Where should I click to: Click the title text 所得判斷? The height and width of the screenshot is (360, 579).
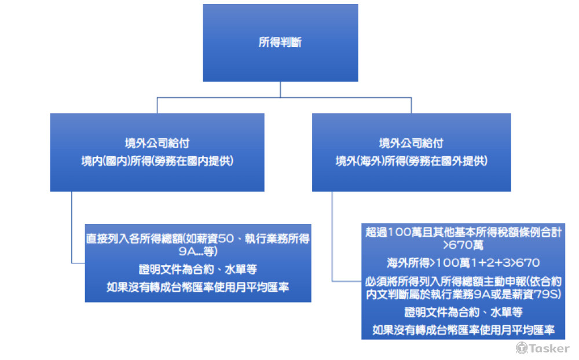(280, 42)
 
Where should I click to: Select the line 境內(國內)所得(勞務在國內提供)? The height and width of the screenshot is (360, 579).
(157, 161)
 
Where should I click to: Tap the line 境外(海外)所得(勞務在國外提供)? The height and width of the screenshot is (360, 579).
(411, 161)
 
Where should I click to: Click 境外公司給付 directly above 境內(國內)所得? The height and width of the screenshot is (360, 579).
(157, 143)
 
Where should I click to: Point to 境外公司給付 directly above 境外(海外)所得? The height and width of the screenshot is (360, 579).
(411, 143)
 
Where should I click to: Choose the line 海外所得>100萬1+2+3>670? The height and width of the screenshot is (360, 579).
(457, 263)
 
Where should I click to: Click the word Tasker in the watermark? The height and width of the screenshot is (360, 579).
(549, 348)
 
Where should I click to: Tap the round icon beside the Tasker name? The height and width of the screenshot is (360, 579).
(522, 348)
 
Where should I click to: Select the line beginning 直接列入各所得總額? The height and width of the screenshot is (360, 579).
(197, 238)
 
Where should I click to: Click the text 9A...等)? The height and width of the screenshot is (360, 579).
(197, 252)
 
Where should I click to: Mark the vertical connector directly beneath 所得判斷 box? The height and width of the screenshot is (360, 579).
(280, 89)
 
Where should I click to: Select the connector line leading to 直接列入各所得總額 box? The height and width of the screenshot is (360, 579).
(72, 232)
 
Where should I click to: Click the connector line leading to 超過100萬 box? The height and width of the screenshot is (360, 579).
(332, 243)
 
